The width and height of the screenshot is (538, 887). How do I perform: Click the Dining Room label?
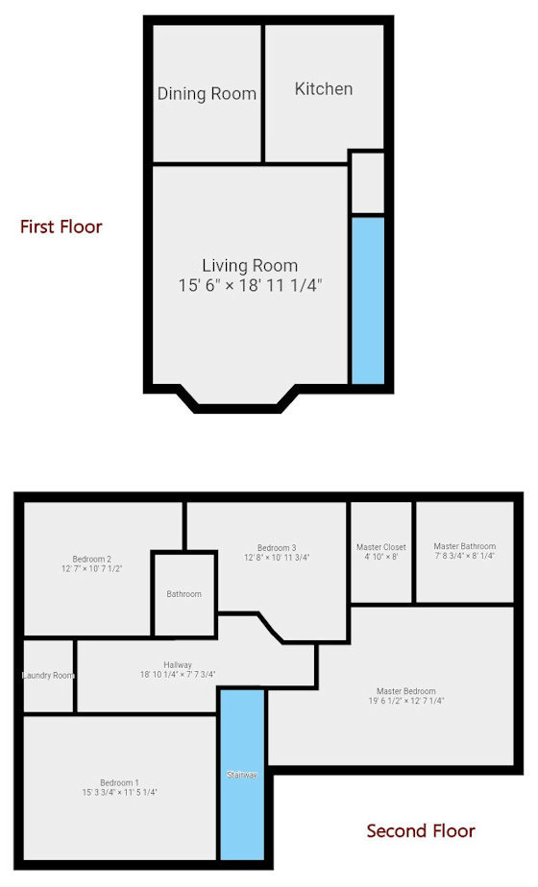click(x=207, y=93)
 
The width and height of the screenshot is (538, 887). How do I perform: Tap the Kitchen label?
click(x=323, y=88)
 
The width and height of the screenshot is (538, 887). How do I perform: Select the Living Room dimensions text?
click(x=250, y=285)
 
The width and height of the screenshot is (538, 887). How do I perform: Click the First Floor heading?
click(x=61, y=227)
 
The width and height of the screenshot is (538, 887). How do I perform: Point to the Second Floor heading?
click(x=421, y=830)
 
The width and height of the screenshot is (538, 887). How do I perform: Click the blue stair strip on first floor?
click(x=367, y=300)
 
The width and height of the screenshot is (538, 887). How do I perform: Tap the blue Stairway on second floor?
click(x=242, y=774)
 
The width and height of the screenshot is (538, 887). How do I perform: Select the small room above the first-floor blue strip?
click(x=367, y=182)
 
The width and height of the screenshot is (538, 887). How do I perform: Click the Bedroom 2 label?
click(x=92, y=559)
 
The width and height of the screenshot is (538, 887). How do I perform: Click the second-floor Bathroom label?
click(x=184, y=594)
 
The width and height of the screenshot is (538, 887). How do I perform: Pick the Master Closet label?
click(x=381, y=547)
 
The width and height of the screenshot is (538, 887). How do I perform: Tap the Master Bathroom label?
click(x=465, y=546)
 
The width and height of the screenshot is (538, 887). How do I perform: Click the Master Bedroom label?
click(x=406, y=691)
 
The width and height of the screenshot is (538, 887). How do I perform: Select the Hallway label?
click(x=178, y=665)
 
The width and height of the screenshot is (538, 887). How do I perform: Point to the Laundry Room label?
click(x=48, y=676)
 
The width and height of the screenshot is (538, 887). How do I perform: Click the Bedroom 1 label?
click(x=119, y=782)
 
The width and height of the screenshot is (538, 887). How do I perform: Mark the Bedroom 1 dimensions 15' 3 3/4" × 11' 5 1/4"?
click(x=119, y=793)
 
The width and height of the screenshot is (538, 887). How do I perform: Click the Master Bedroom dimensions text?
click(x=406, y=702)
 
